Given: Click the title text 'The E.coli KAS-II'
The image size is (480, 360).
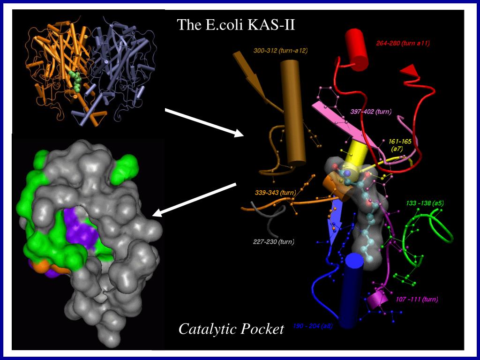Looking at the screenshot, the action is pyautogui.click(x=236, y=24).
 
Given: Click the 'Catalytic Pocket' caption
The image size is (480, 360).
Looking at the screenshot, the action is pyautogui.click(x=231, y=329).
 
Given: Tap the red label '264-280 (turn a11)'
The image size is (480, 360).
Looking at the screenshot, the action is pyautogui.click(x=403, y=44).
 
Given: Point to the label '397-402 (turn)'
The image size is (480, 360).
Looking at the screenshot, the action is pyautogui.click(x=371, y=112).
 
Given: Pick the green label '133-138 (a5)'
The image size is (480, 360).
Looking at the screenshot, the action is pyautogui.click(x=425, y=203).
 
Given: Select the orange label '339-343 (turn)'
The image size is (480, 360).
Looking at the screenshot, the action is pyautogui.click(x=275, y=193).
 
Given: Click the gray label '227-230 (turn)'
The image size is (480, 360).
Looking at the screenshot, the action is pyautogui.click(x=273, y=242).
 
